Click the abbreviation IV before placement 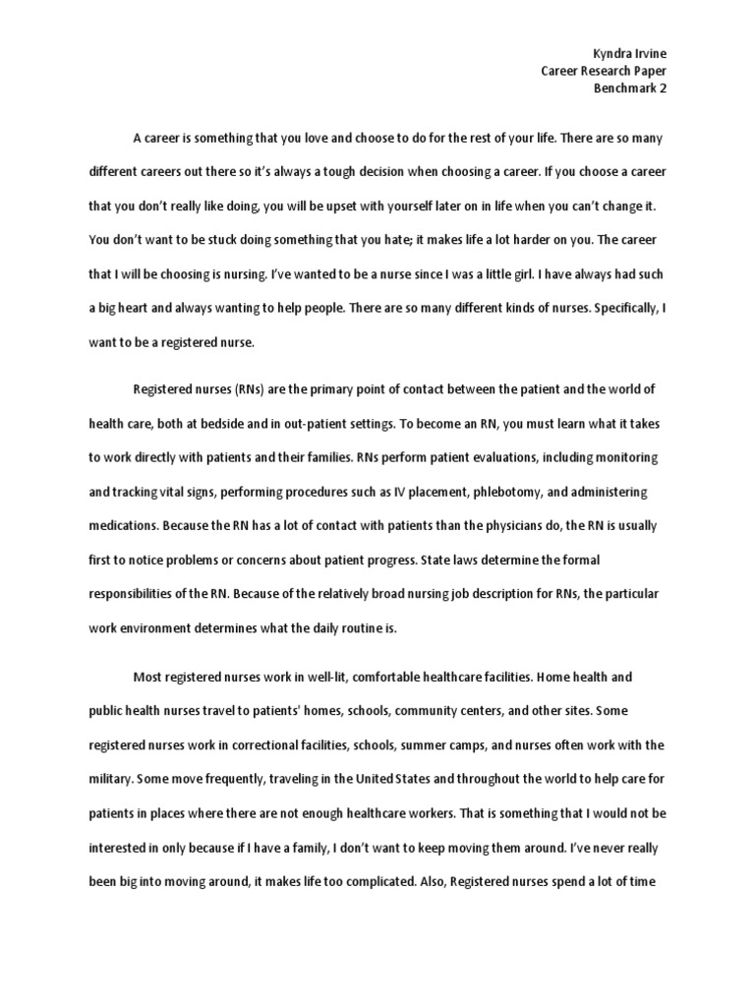click(x=393, y=492)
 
